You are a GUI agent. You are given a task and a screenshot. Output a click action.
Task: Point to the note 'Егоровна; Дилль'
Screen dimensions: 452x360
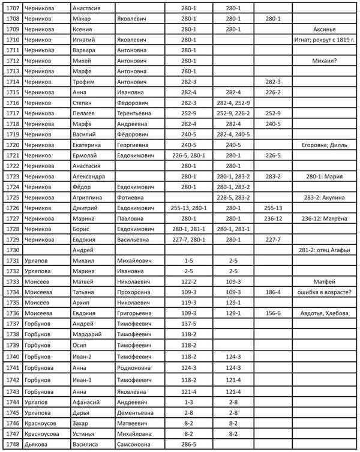point(324,145)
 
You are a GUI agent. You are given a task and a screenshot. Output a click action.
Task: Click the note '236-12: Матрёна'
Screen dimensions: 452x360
point(324,218)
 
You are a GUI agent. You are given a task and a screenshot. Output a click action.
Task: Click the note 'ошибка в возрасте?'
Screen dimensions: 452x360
point(324,292)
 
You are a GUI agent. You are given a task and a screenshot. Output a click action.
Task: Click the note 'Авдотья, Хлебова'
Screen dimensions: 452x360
point(324,313)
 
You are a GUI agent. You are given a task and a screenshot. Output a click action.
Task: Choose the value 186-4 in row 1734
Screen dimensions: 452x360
point(273,292)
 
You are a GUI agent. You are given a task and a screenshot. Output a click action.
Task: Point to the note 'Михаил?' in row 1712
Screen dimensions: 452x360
point(324,61)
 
